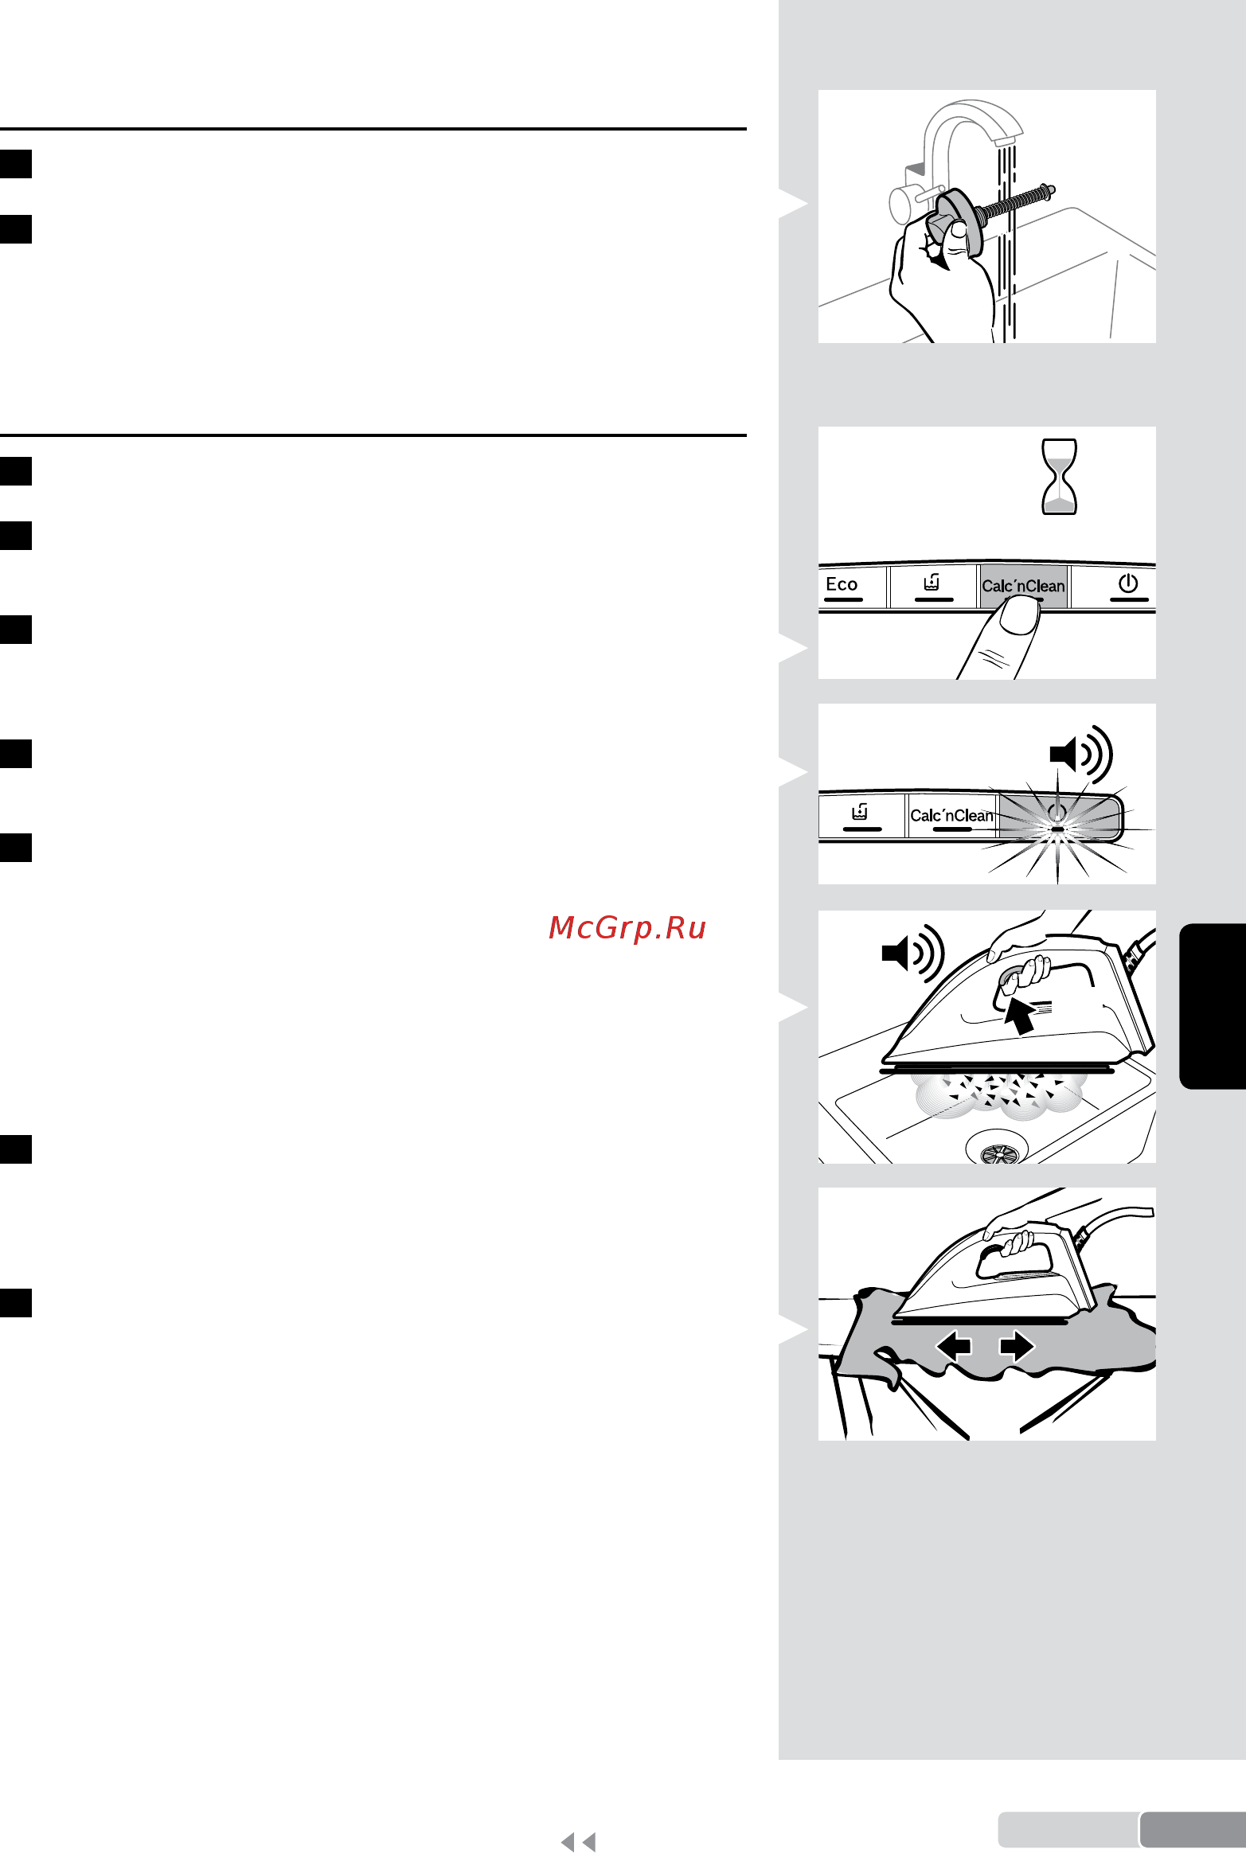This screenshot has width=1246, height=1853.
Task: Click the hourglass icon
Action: click(1060, 477)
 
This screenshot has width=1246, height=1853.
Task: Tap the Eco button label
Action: click(842, 584)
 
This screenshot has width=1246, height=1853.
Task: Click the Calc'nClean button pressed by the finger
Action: click(1023, 586)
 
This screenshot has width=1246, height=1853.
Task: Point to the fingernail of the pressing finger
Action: click(1018, 616)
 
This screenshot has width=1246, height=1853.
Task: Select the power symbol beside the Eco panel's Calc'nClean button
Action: click(1128, 583)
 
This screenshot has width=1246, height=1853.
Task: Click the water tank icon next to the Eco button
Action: click(932, 583)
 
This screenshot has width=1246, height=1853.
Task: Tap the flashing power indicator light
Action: click(1057, 829)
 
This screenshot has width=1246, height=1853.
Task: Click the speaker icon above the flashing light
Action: click(1081, 753)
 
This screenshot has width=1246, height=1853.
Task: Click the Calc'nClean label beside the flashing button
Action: click(951, 815)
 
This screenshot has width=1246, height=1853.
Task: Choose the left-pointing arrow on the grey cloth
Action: click(954, 1346)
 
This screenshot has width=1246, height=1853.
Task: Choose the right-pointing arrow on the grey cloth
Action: click(1017, 1346)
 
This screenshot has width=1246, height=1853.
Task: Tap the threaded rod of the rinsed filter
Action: click(1017, 202)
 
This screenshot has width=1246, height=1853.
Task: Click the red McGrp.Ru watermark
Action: click(627, 927)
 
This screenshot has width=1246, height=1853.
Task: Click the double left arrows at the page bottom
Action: click(578, 1841)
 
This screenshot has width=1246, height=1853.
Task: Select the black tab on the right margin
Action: click(1213, 1006)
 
